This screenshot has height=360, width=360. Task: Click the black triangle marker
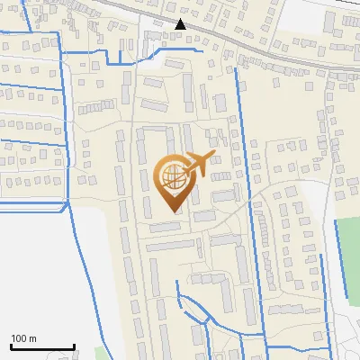click(181, 24)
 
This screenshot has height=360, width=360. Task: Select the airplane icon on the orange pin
click(197, 164)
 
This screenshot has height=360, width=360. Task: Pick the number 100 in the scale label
click(17, 338)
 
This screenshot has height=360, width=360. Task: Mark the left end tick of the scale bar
click(11, 345)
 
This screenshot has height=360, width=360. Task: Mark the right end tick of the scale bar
click(74, 345)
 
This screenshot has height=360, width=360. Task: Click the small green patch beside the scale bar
click(100, 353)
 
